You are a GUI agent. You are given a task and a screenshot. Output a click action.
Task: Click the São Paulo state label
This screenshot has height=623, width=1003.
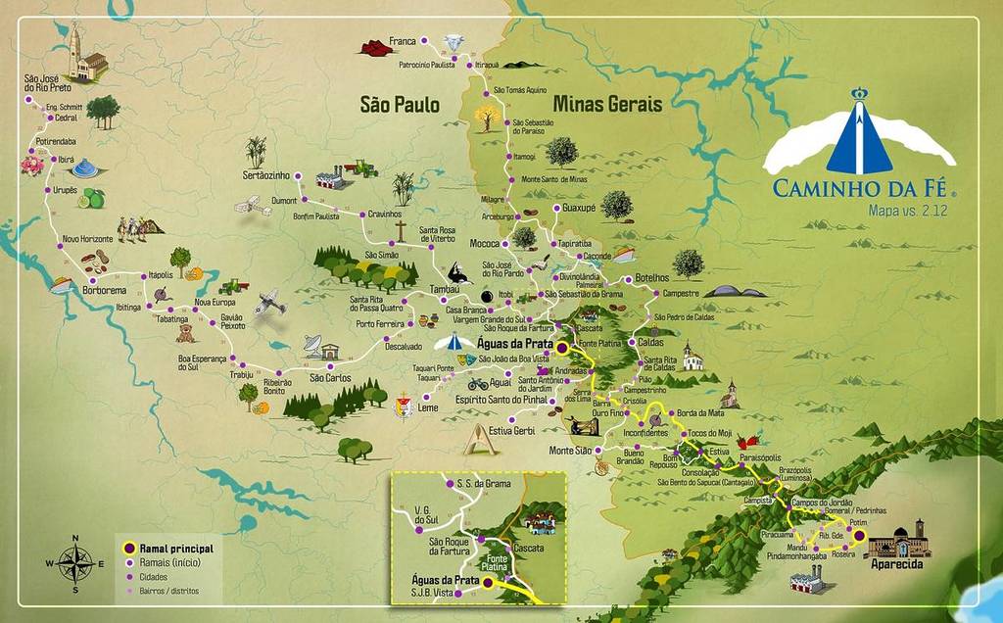[x=400, y=104]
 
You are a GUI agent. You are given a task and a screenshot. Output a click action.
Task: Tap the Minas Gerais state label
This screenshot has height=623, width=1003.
[x=607, y=104]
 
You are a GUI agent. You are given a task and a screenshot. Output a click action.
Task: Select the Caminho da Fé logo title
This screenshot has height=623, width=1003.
[x=863, y=187]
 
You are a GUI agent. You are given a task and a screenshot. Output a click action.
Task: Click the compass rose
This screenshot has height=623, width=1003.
[x=75, y=563]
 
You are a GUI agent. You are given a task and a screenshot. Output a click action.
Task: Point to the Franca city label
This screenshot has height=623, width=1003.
[x=403, y=41]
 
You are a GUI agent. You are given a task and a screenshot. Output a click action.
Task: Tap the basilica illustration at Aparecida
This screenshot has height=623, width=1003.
[x=896, y=540]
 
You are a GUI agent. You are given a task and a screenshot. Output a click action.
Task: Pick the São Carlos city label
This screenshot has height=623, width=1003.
[x=330, y=378]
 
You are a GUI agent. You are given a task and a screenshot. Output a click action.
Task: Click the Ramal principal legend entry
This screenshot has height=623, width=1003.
[x=175, y=549]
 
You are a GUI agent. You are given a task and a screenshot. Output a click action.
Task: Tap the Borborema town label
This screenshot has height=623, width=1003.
[x=105, y=291]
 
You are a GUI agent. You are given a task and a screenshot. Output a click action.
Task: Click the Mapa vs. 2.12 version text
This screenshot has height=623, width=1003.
[x=906, y=210]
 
